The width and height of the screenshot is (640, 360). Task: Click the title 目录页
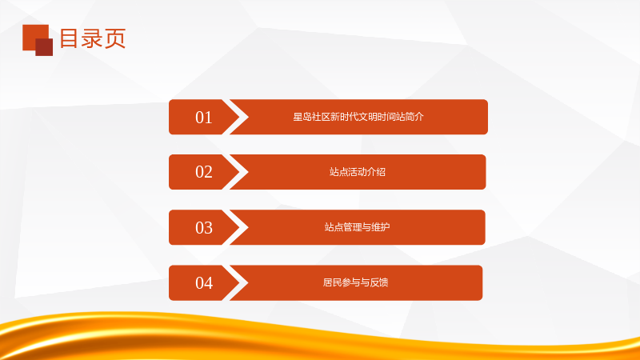(93, 38)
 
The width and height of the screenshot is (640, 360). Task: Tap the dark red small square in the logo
(44, 47)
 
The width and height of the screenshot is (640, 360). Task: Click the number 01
(204, 118)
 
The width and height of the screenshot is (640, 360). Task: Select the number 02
(204, 172)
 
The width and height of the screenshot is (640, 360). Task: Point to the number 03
(204, 228)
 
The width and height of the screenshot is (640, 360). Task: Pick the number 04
(204, 283)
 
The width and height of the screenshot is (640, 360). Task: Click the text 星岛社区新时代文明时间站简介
(358, 117)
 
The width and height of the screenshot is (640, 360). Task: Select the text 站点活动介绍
(358, 172)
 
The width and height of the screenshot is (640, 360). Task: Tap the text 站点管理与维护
(357, 227)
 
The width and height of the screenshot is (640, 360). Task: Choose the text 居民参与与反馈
(355, 282)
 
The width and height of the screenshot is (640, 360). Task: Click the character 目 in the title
(70, 38)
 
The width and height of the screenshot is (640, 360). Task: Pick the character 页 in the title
(115, 38)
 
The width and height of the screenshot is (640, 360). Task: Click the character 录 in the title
(92, 38)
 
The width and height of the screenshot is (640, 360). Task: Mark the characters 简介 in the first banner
(414, 117)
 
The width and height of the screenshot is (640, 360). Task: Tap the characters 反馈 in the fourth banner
(378, 282)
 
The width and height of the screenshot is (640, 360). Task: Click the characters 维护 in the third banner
(381, 227)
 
